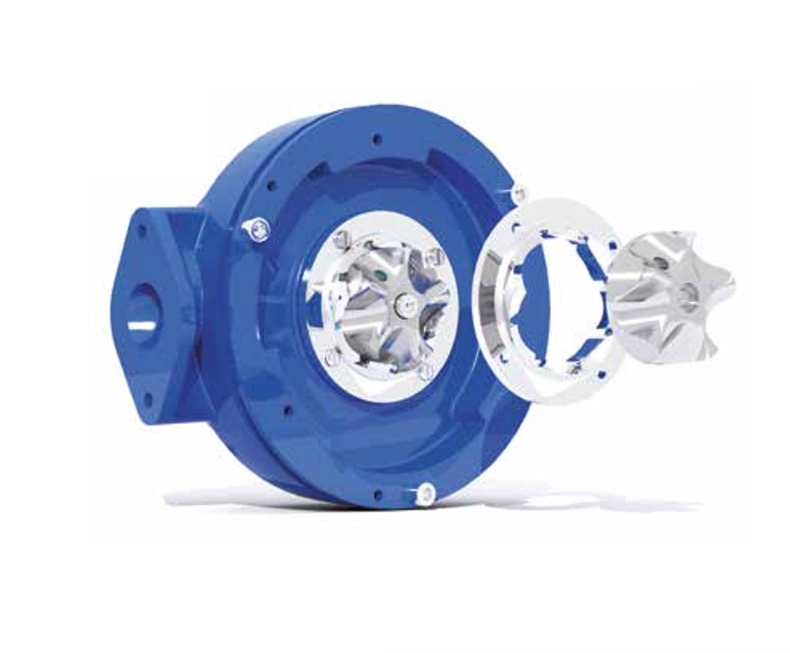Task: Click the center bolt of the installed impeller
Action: click(x=402, y=306)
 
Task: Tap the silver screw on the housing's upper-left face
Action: click(x=259, y=229)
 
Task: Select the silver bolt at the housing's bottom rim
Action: click(x=424, y=493)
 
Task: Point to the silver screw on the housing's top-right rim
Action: click(x=518, y=193)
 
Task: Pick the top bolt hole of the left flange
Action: click(x=141, y=230)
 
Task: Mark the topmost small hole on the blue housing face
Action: click(x=376, y=140)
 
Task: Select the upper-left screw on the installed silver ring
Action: click(x=341, y=240)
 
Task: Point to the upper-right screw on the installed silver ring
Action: click(x=435, y=256)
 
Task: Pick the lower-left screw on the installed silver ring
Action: click(x=331, y=358)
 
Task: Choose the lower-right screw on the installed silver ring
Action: click(x=424, y=372)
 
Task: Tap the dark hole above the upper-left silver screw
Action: click(x=270, y=185)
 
